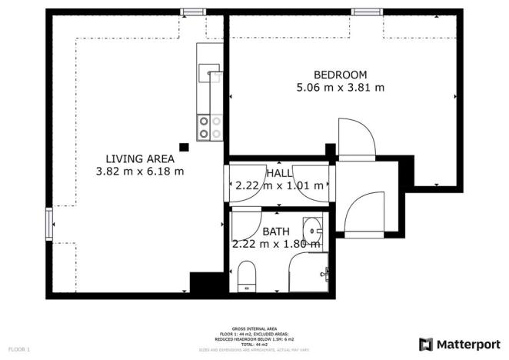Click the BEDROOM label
pos(340,75)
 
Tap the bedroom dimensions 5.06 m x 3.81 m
pos(340,88)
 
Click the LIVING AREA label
pos(139,158)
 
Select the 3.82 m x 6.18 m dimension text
pos(139,172)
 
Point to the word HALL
pos(279,173)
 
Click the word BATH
pos(276,232)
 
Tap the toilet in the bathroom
pos(247,275)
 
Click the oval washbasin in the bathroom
pos(312,229)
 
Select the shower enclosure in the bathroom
pos(309,273)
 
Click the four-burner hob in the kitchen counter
pos(210,127)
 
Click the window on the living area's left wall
pos(50,223)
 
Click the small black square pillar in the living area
pos(184,146)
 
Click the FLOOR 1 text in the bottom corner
pos(18,350)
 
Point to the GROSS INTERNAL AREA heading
pos(254,328)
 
